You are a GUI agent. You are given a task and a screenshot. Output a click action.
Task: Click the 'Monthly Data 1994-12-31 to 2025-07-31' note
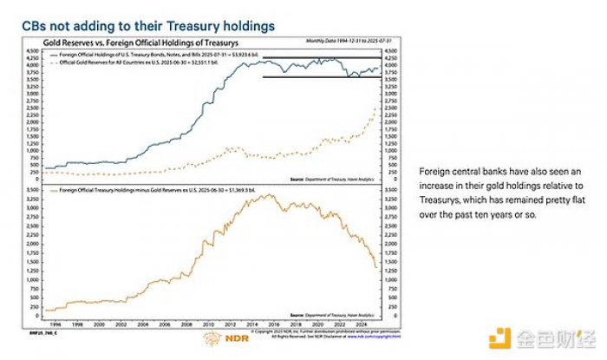343,41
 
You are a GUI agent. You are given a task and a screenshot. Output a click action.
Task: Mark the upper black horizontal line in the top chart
322,57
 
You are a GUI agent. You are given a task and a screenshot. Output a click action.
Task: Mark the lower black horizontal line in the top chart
322,77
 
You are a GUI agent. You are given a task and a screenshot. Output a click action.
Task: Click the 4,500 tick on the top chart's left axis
34,49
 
